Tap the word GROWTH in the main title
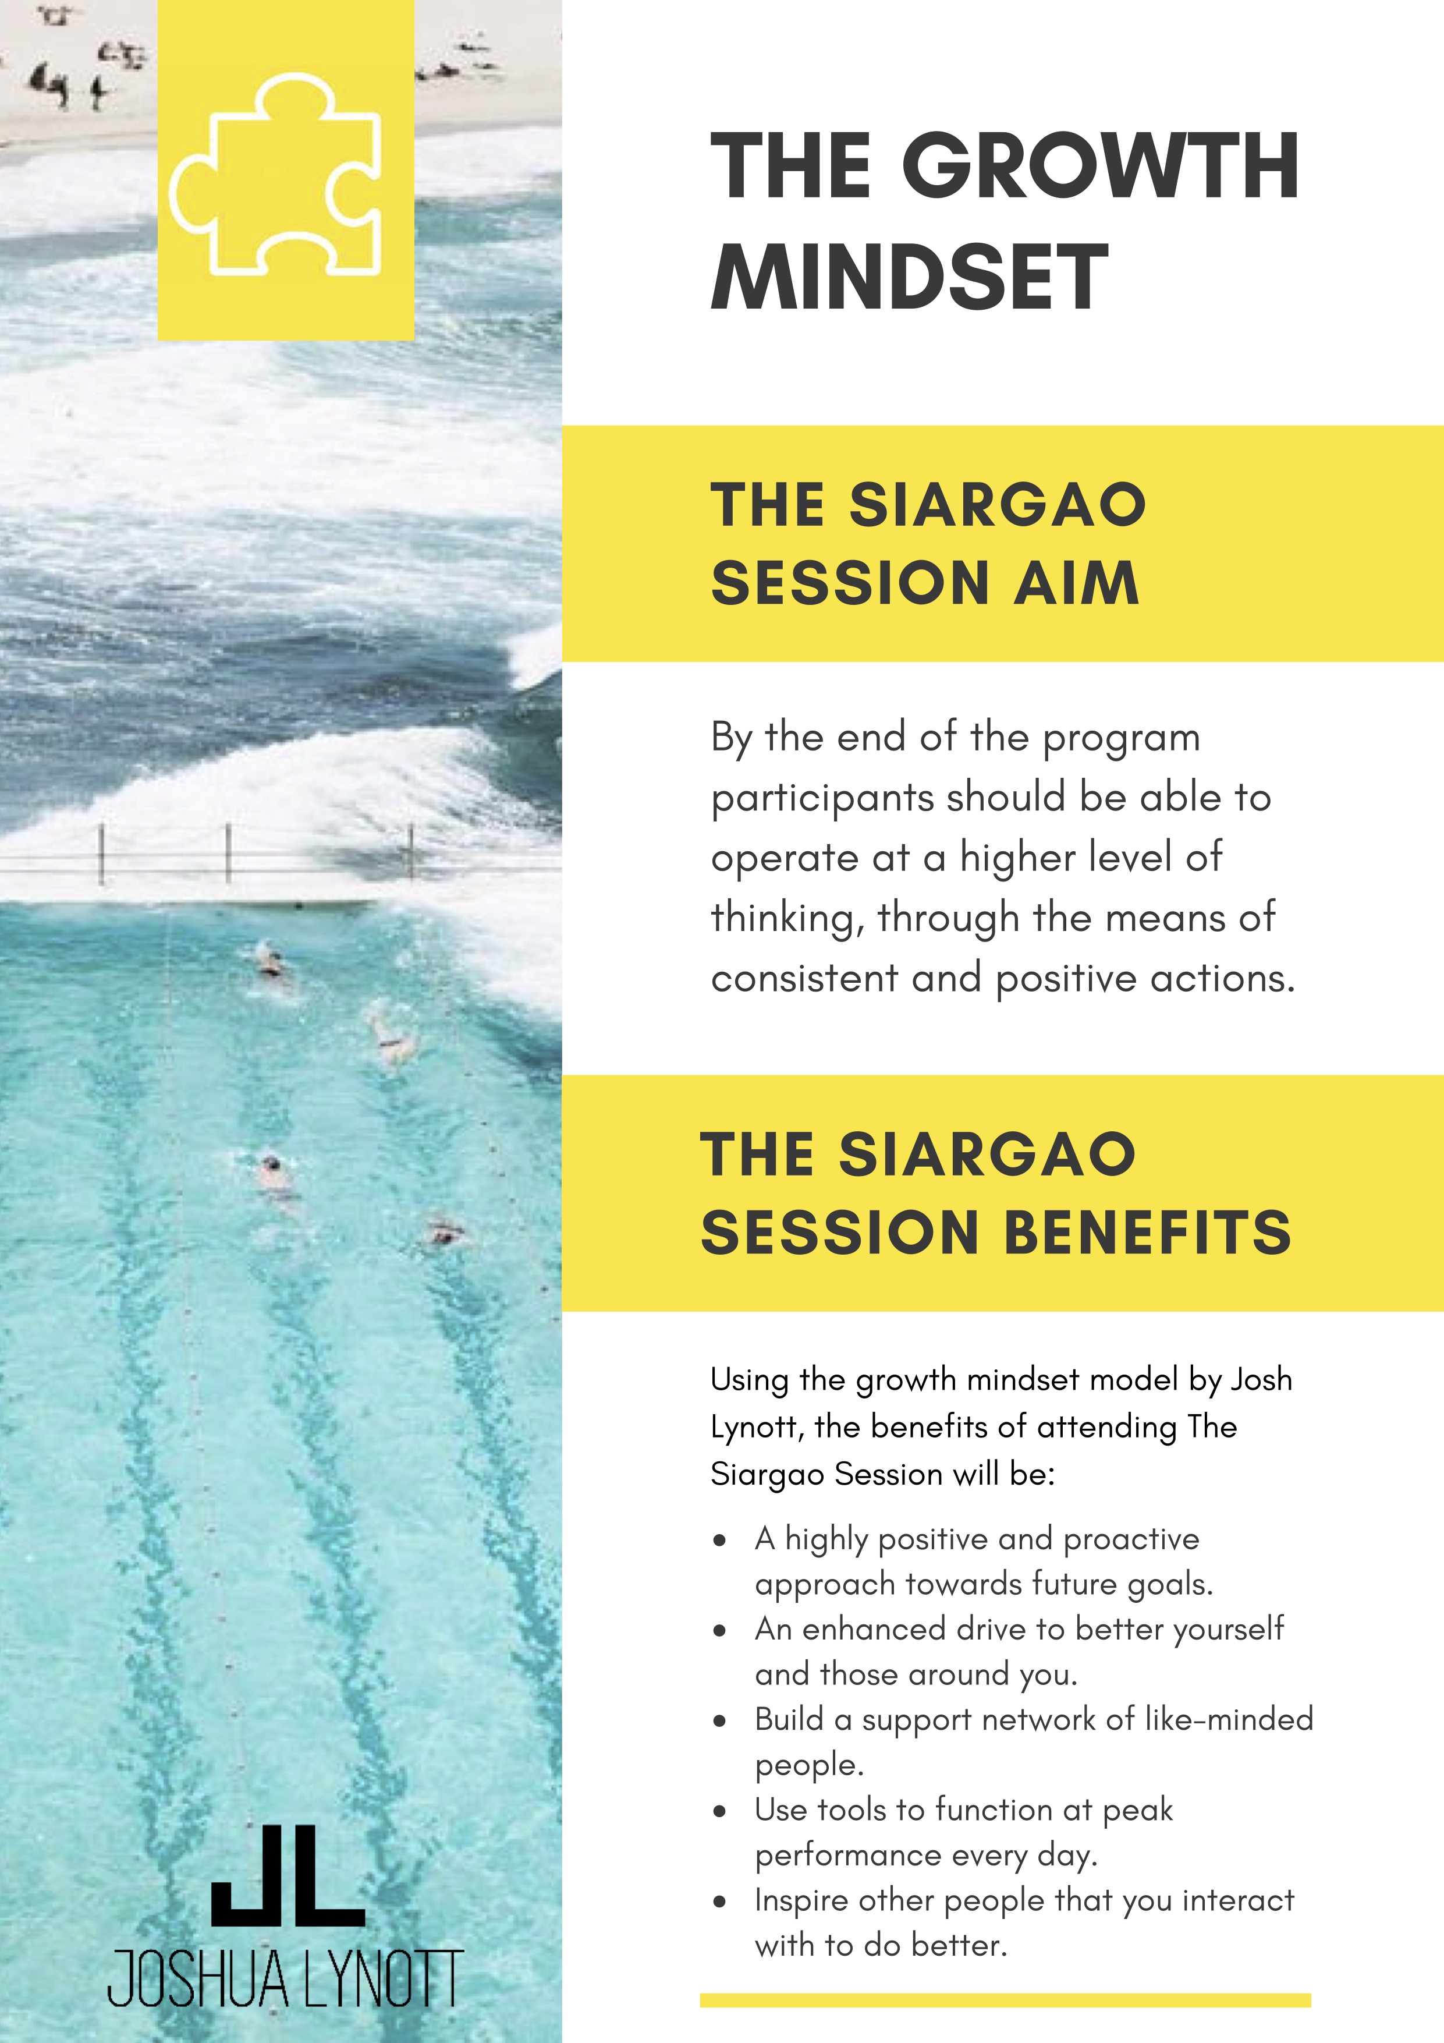pyautogui.click(x=1101, y=167)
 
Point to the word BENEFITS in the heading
pyautogui.click(x=1148, y=1233)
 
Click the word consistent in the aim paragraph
pyautogui.click(x=804, y=979)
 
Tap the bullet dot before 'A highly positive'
pyautogui.click(x=720, y=1541)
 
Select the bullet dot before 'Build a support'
pyautogui.click(x=720, y=1722)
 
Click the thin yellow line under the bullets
pyautogui.click(x=1005, y=2000)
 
